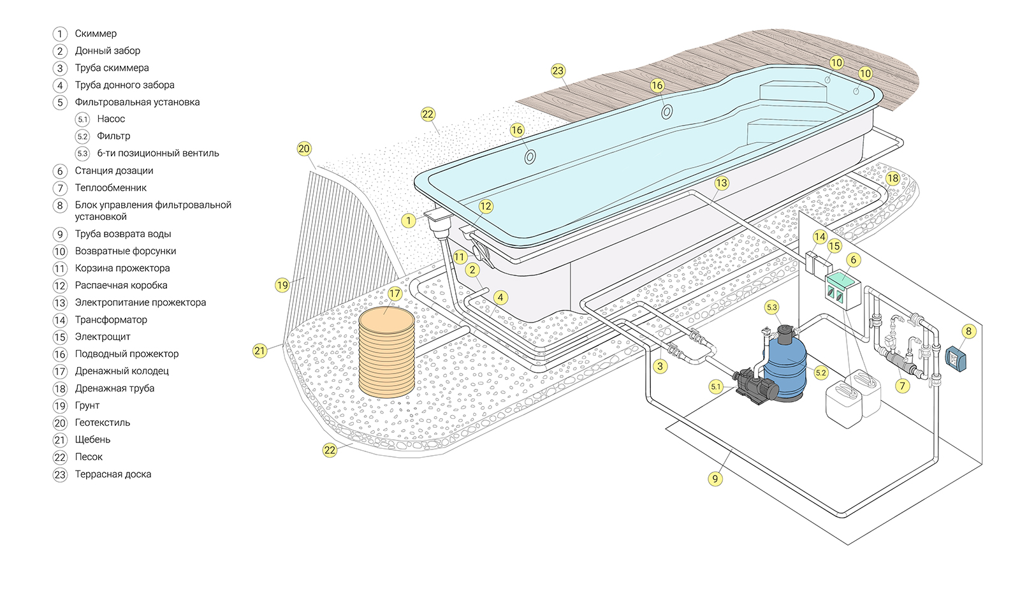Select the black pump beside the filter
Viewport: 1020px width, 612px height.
click(756, 386)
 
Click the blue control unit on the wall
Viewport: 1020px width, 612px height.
click(955, 358)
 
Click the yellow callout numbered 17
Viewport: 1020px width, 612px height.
click(395, 293)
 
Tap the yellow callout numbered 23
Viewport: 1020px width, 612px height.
click(558, 71)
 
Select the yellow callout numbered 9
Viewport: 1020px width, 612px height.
click(715, 479)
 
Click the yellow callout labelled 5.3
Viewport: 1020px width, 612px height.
click(772, 307)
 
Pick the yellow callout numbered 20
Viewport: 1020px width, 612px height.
click(304, 149)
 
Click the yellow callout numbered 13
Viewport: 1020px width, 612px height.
click(721, 183)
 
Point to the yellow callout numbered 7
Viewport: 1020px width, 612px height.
click(902, 386)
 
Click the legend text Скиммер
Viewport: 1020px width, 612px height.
click(96, 33)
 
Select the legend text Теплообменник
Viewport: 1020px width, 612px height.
click(110, 187)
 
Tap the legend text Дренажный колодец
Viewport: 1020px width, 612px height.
click(122, 371)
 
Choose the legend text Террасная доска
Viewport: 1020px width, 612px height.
click(113, 474)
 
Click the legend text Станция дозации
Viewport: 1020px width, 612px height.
click(114, 170)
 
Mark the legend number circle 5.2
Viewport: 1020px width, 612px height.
click(82, 136)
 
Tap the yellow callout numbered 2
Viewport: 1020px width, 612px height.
click(472, 270)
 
